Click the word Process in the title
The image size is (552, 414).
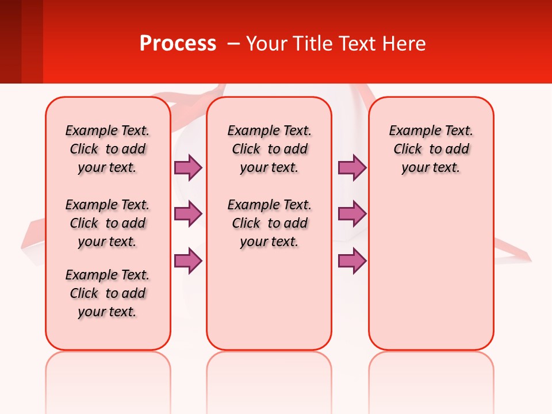click(178, 44)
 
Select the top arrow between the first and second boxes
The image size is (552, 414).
click(188, 167)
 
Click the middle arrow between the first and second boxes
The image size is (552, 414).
click(188, 214)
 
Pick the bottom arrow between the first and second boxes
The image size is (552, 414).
click(188, 261)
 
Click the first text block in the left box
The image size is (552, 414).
click(108, 149)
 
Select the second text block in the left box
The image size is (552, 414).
click(108, 223)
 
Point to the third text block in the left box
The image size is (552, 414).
click(108, 293)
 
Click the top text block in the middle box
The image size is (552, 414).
click(269, 149)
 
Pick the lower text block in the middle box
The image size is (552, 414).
click(269, 223)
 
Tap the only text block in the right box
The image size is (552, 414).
click(431, 149)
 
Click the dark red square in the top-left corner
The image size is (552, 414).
click(10, 41)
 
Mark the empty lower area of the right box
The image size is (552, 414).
click(431, 270)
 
